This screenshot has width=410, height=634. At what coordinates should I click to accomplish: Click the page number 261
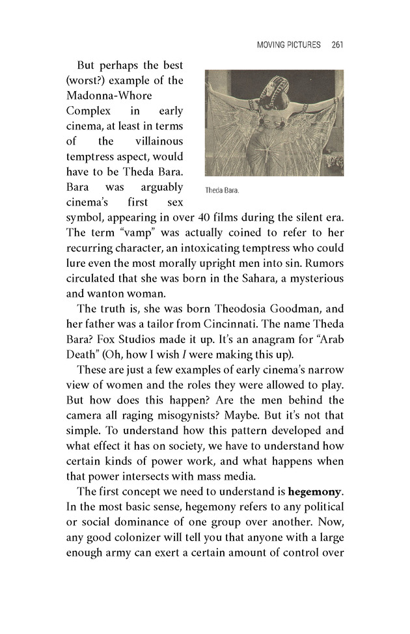(x=336, y=46)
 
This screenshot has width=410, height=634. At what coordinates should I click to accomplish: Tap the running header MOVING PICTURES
(x=289, y=46)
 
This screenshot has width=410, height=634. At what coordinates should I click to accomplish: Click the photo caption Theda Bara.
(x=223, y=191)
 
